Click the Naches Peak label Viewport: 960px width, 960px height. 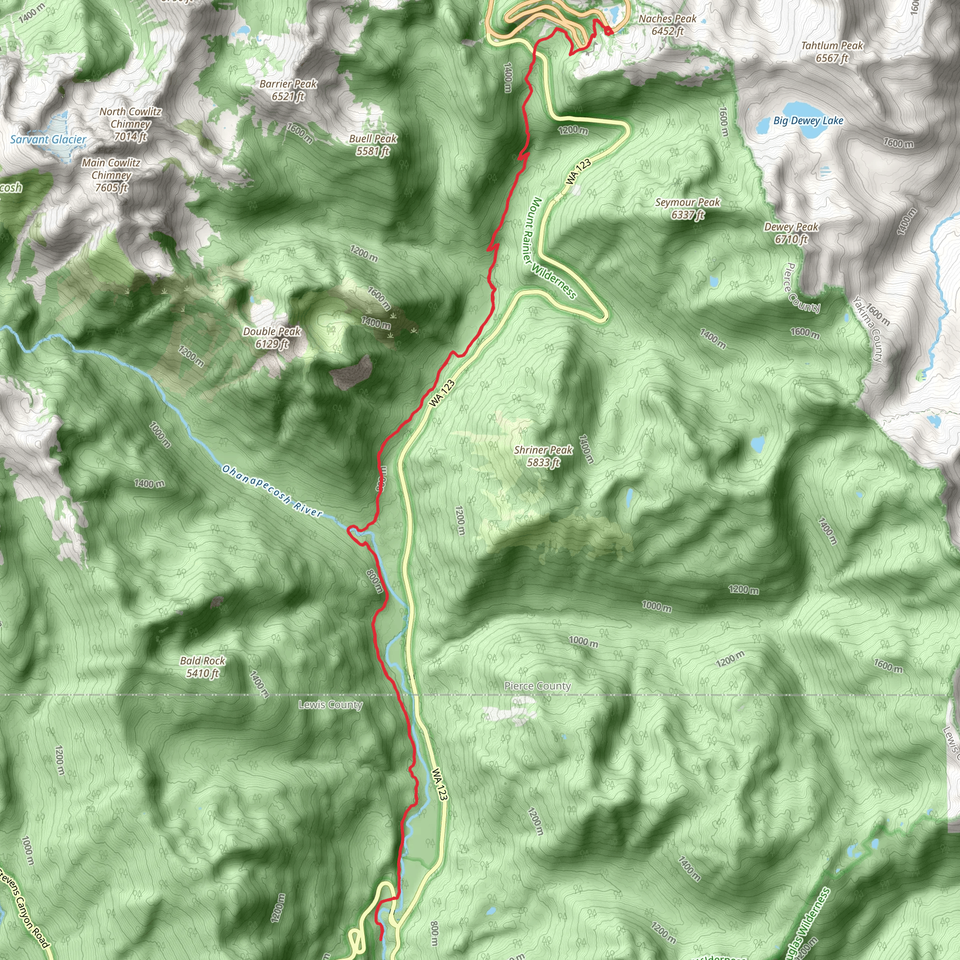pyautogui.click(x=667, y=25)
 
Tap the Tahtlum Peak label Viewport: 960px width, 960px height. pyautogui.click(x=832, y=52)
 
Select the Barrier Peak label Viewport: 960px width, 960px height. pyautogui.click(x=288, y=90)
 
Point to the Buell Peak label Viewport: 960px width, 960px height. pyautogui.click(x=373, y=144)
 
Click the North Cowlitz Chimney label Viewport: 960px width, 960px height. pyautogui.click(x=130, y=124)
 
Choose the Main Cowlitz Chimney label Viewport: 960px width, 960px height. pyautogui.click(x=111, y=175)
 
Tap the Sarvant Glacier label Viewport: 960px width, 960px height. pyautogui.click(x=48, y=140)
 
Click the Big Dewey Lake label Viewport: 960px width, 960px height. pyautogui.click(x=808, y=121)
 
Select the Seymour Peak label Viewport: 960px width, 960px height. pyautogui.click(x=687, y=208)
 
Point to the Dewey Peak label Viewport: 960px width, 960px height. pyautogui.click(x=791, y=233)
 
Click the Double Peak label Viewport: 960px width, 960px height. pyautogui.click(x=272, y=337)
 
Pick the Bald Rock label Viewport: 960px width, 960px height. pyautogui.click(x=202, y=667)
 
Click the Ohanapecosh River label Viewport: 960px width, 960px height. pyautogui.click(x=272, y=490)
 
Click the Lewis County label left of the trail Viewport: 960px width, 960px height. pyautogui.click(x=330, y=705)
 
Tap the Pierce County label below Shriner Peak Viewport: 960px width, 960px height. pyautogui.click(x=538, y=686)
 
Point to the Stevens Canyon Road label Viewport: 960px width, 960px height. pyautogui.click(x=25, y=907)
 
